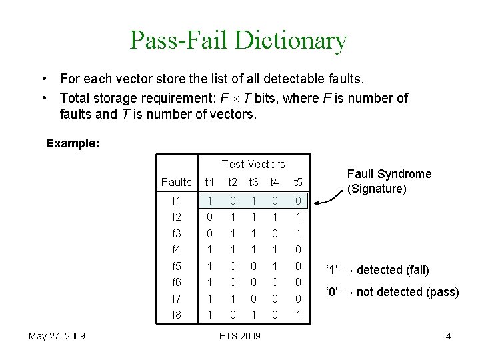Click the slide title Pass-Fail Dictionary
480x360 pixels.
pyautogui.click(x=238, y=41)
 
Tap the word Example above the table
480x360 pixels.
pyautogui.click(x=73, y=143)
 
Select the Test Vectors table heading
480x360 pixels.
pyautogui.click(x=253, y=164)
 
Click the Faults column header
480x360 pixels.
pyautogui.click(x=176, y=182)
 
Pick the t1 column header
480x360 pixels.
pyautogui.click(x=209, y=182)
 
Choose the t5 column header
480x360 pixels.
pyautogui.click(x=298, y=182)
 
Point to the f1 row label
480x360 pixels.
pyautogui.click(x=176, y=201)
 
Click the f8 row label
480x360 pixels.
pyautogui.click(x=176, y=315)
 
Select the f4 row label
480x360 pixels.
pyautogui.click(x=176, y=250)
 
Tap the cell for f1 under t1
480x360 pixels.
pyautogui.click(x=209, y=201)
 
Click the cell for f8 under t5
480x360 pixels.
pyautogui.click(x=298, y=315)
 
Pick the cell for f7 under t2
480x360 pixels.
pyautogui.click(x=233, y=299)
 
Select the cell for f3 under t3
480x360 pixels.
pyautogui.click(x=253, y=234)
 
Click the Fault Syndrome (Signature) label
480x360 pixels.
pyautogui.click(x=389, y=181)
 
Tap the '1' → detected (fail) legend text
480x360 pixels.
pyautogui.click(x=377, y=270)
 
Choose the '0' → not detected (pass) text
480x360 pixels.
pyautogui.click(x=392, y=292)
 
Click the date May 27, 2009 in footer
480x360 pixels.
pyautogui.click(x=57, y=336)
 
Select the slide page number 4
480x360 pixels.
pyautogui.click(x=448, y=336)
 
